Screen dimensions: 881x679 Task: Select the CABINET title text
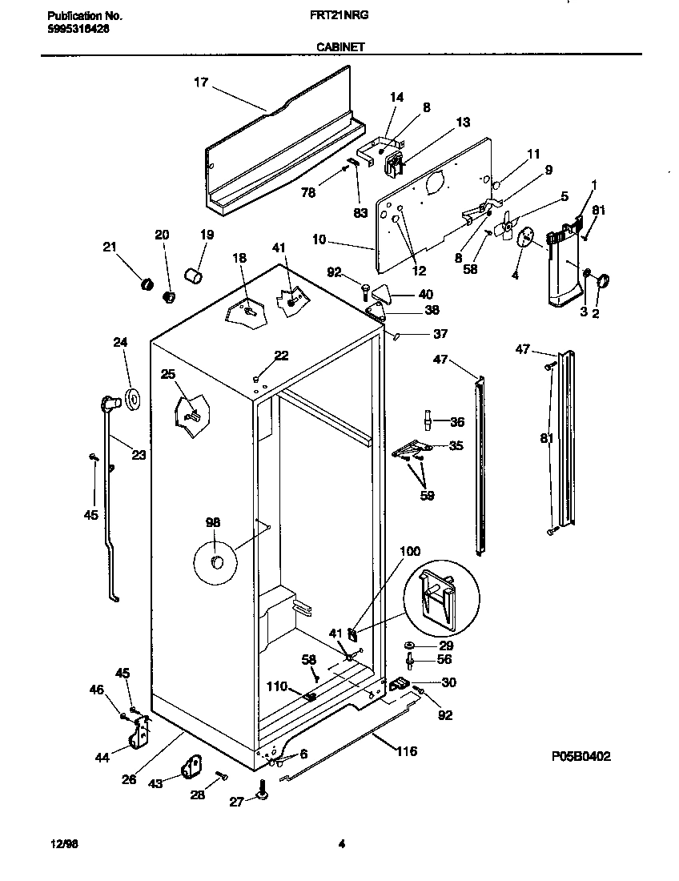[340, 47]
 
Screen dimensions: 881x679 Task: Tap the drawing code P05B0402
[586, 755]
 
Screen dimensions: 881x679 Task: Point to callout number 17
[200, 82]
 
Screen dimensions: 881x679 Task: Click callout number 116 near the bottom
[406, 751]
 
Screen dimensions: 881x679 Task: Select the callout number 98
[212, 522]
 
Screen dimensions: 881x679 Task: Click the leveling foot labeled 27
[262, 793]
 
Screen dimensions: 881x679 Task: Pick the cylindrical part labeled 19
[193, 276]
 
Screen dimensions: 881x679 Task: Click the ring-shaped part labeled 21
[147, 283]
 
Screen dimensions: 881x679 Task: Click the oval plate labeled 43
[192, 766]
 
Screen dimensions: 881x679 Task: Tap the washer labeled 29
[408, 645]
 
